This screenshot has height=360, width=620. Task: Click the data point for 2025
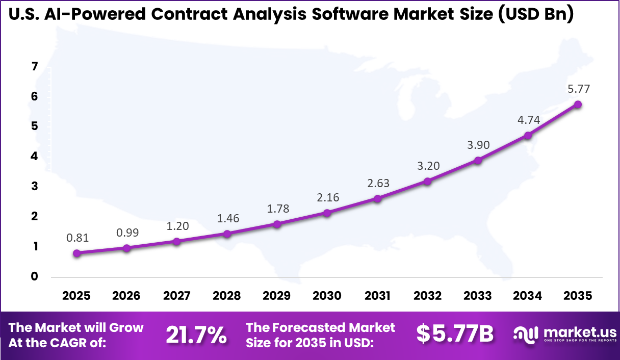(x=76, y=253)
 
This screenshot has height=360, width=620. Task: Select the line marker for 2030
(x=327, y=213)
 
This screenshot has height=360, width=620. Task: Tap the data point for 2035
(x=578, y=104)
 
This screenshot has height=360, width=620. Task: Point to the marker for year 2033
(x=478, y=160)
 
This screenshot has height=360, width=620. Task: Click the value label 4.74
(x=529, y=120)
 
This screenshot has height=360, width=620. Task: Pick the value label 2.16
(x=327, y=197)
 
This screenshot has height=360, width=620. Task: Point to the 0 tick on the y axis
(x=35, y=277)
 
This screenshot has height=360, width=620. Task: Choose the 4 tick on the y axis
(x=35, y=157)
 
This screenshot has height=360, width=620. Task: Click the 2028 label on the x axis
(x=227, y=296)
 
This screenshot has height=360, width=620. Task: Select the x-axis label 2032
(x=427, y=296)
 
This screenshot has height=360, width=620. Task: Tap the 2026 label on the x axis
(x=126, y=296)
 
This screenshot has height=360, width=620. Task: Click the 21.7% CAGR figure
(x=196, y=335)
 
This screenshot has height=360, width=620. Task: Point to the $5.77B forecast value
(x=455, y=334)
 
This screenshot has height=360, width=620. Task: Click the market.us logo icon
(x=526, y=334)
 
